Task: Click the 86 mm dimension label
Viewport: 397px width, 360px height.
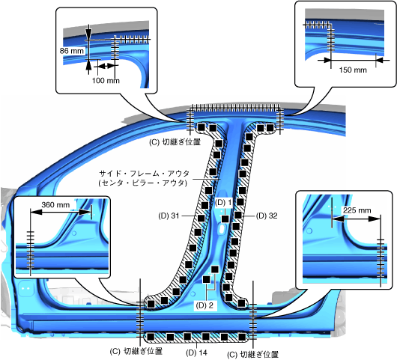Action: point(72,51)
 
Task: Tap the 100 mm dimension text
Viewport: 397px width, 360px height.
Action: point(106,81)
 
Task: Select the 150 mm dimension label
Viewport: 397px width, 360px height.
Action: point(353,70)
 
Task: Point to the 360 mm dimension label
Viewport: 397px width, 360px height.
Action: point(55,204)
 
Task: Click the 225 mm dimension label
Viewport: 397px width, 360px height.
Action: point(357,210)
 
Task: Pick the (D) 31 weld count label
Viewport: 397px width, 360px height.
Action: point(169,216)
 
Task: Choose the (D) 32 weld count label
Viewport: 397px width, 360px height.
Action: point(267,216)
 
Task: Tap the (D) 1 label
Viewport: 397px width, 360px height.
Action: point(223,202)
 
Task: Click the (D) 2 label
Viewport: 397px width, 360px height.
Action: point(204,305)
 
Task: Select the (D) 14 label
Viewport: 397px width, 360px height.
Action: point(196,353)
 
